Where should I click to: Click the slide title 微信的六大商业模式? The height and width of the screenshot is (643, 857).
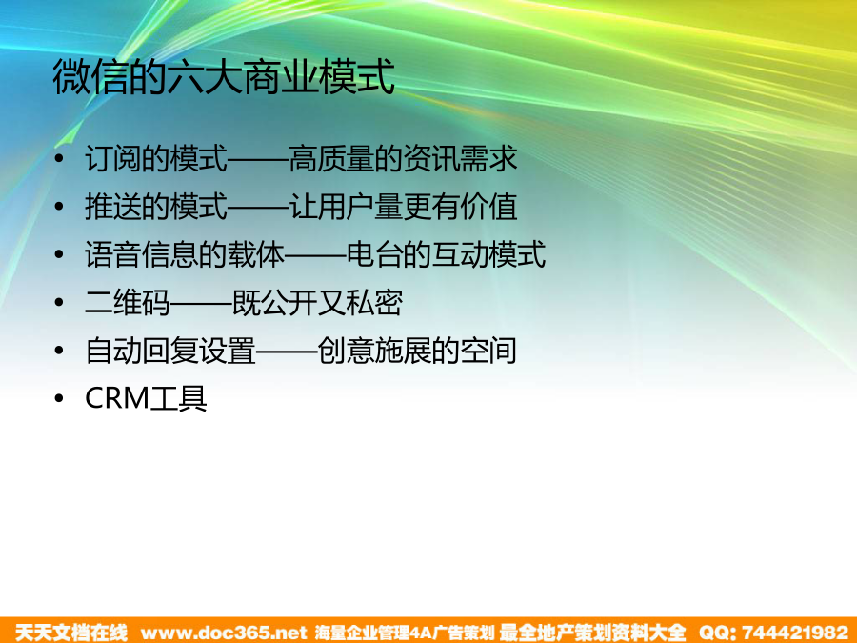tap(224, 76)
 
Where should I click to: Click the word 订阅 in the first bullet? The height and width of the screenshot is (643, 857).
tap(113, 158)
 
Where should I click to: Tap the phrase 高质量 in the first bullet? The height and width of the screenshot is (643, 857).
tap(331, 158)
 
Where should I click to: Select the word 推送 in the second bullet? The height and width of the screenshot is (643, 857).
tap(113, 207)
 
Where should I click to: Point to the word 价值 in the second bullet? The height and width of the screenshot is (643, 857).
tap(488, 207)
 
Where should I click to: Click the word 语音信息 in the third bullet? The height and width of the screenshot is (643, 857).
tap(142, 254)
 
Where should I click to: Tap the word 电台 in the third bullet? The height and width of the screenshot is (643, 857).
tap(374, 254)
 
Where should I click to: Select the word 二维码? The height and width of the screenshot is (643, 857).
tap(128, 303)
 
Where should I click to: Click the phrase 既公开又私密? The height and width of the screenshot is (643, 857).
tap(317, 303)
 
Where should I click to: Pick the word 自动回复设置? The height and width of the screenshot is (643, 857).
tap(170, 351)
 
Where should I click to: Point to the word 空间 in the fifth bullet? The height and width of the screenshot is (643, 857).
tap(488, 351)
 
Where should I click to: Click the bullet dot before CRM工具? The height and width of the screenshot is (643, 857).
tap(59, 398)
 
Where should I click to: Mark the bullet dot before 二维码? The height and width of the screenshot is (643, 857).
tap(59, 302)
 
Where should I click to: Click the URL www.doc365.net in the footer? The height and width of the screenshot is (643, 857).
tap(224, 633)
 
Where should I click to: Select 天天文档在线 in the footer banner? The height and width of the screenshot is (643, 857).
tap(71, 633)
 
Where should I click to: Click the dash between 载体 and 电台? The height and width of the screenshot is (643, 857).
tap(315, 255)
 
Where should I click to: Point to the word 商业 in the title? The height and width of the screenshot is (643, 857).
tap(280, 76)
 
